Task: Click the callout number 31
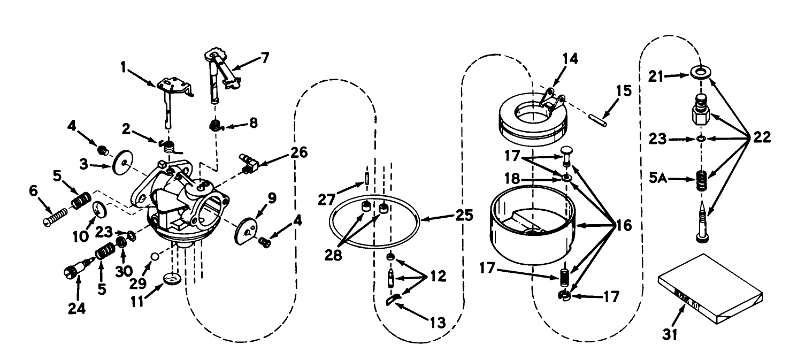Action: tap(670, 335)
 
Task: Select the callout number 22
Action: tap(759, 137)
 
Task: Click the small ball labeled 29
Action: tap(154, 256)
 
